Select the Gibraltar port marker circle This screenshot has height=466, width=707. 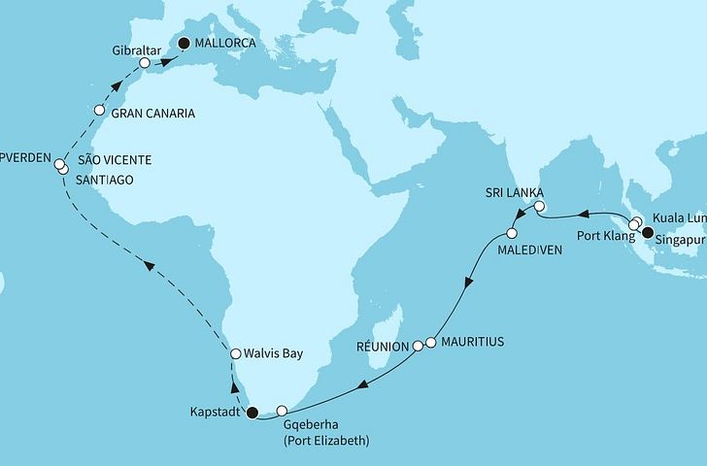[x=145, y=63]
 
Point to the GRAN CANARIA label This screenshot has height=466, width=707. [x=154, y=114]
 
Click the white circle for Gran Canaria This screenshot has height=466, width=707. [x=98, y=111]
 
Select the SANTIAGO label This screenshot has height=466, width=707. [x=108, y=180]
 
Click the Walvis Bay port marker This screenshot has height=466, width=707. [x=234, y=354]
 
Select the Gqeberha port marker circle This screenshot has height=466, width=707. [x=283, y=411]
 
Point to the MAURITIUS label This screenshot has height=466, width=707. [x=477, y=343]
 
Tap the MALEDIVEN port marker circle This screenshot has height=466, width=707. [x=511, y=234]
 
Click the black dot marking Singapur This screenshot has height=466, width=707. [x=647, y=232]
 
